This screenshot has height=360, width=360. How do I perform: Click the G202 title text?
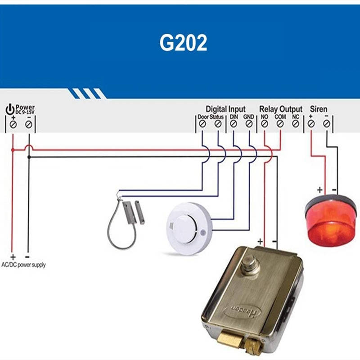coord(183,43)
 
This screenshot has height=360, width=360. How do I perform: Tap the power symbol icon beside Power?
coord(10,109)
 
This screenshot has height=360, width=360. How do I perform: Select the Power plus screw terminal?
coord(13,124)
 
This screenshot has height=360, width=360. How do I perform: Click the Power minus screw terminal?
coord(29,124)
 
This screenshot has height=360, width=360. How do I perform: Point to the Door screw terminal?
coord(202,123)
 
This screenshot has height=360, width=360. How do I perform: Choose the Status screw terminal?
coord(218,123)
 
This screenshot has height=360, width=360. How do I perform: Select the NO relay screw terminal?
coord(265,123)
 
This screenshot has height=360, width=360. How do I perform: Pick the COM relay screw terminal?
coord(280,123)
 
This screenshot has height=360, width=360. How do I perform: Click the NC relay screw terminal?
coord(296,123)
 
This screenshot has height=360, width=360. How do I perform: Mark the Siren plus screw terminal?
coord(311,123)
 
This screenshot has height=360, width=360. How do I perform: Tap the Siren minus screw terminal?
coord(327,123)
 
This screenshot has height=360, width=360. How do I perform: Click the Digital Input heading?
coord(225,109)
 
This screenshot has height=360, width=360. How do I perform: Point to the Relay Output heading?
coord(281,109)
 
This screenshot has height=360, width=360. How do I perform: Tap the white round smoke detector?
coord(186,227)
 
